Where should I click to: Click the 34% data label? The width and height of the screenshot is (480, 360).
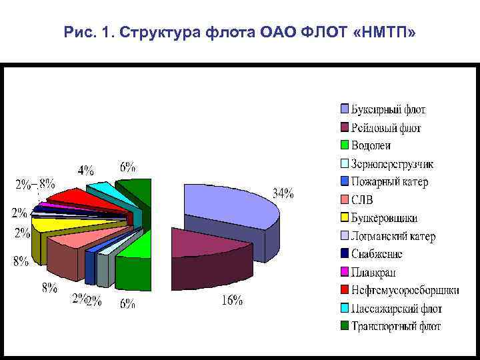pyautogui.click(x=283, y=194)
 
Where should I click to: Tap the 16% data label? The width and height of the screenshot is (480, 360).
pyautogui.click(x=231, y=301)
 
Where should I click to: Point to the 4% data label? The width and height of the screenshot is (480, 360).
pyautogui.click(x=86, y=170)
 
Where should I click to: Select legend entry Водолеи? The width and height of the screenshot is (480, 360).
pyautogui.click(x=371, y=145)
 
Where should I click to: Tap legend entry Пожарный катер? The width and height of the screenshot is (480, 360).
pyautogui.click(x=390, y=181)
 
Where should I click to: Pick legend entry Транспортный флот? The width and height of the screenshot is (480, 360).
pyautogui.click(x=397, y=326)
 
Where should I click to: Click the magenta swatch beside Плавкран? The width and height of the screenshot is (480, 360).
pyautogui.click(x=345, y=272)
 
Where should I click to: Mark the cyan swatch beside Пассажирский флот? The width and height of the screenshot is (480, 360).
pyautogui.click(x=345, y=308)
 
